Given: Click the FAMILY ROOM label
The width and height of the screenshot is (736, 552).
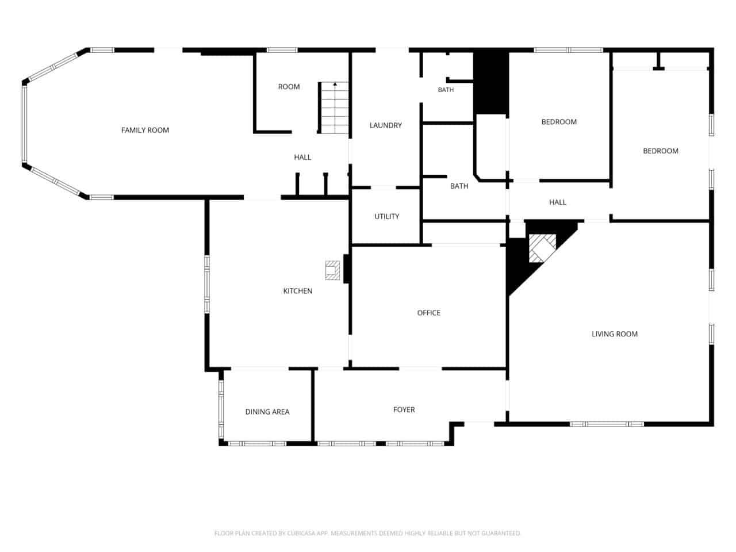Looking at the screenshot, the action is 145,130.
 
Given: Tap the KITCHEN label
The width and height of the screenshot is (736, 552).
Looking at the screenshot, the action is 297,291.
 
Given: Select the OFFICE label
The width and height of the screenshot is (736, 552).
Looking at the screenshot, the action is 428,313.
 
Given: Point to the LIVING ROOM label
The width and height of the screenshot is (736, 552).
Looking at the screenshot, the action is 614,334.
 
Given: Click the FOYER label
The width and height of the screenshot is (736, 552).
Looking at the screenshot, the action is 404,409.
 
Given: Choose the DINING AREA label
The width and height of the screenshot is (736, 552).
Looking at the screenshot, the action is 267,412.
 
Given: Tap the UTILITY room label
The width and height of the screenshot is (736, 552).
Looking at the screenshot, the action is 386,217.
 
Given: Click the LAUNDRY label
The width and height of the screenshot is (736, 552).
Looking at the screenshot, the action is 386,125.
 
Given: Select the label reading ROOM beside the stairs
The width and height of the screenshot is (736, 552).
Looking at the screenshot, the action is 289,87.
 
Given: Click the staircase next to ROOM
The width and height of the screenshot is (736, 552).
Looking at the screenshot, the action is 333,108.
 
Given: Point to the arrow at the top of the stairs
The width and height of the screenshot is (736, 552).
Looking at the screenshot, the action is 335,84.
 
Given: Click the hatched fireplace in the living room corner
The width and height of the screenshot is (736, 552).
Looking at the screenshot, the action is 542,248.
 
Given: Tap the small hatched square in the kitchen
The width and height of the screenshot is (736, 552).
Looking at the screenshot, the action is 332,270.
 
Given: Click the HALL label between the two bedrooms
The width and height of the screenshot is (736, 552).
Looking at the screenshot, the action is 557,202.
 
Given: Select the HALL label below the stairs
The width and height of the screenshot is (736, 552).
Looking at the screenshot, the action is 302,157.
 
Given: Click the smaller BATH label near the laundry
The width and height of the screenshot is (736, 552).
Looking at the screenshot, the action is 446,90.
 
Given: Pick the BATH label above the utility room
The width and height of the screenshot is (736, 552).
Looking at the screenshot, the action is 459,186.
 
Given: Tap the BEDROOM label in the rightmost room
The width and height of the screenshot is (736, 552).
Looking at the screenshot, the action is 660,151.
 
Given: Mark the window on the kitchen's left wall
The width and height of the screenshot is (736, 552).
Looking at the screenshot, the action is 207,285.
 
